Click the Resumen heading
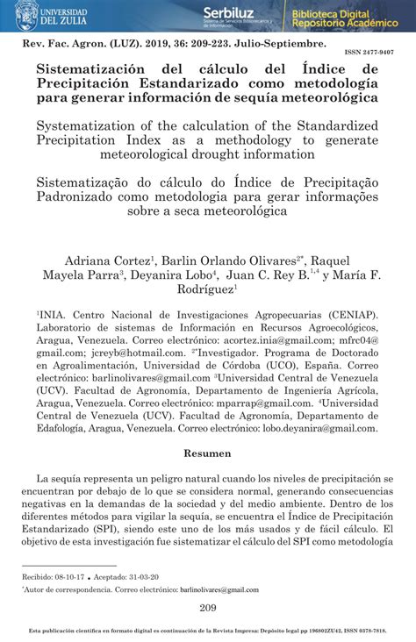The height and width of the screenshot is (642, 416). [x=207, y=453]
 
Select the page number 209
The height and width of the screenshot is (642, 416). [x=208, y=609]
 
